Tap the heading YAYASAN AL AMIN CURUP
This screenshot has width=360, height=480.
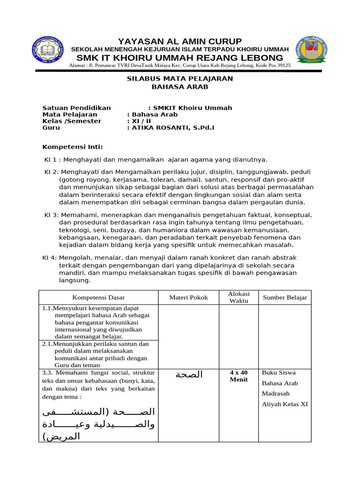180,41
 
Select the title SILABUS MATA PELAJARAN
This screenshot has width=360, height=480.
180,79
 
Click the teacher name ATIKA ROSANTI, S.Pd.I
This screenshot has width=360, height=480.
173,127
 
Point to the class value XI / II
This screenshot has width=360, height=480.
141,121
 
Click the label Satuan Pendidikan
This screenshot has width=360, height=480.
77,108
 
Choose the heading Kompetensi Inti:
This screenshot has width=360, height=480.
73,147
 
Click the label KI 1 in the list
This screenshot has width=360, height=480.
50,160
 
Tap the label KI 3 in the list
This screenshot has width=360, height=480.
51,215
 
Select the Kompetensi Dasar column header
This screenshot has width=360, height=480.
98,298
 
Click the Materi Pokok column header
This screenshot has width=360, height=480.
188,298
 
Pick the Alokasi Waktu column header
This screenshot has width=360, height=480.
239,297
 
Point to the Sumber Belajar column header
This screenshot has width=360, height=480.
285,298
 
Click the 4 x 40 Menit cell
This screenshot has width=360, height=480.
239,376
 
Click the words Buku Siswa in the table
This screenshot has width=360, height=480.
279,373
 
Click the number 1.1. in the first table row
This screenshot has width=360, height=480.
47,308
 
